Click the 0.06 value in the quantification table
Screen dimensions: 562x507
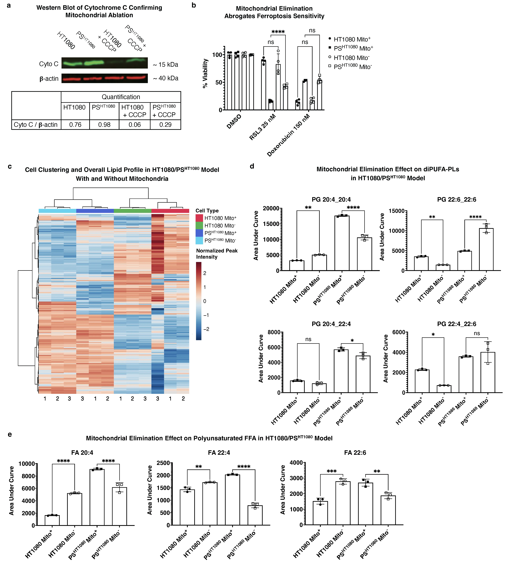[135, 125]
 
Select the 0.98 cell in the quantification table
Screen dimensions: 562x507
[104, 125]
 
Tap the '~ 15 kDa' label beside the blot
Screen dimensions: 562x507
[165, 65]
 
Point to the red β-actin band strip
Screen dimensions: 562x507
[104, 78]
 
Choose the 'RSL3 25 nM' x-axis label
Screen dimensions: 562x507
[262, 127]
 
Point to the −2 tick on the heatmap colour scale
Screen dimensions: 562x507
[206, 329]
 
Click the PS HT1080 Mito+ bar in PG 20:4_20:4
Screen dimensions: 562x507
[342, 243]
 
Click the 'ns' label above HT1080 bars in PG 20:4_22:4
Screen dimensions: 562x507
[308, 339]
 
